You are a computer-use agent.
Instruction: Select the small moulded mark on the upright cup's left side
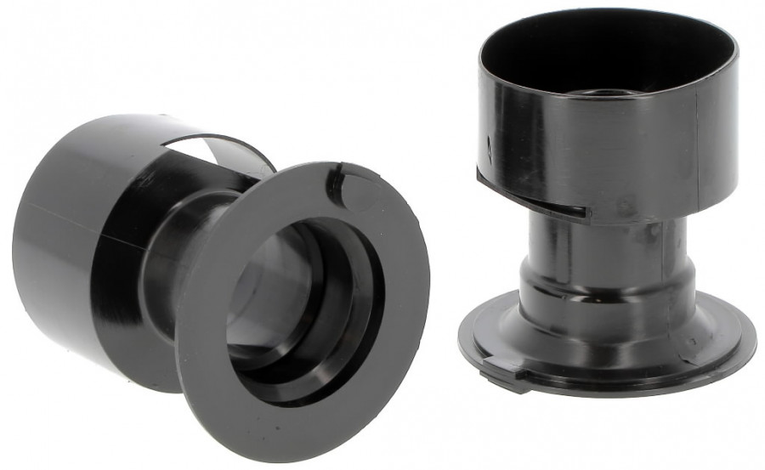[x=490, y=144]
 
